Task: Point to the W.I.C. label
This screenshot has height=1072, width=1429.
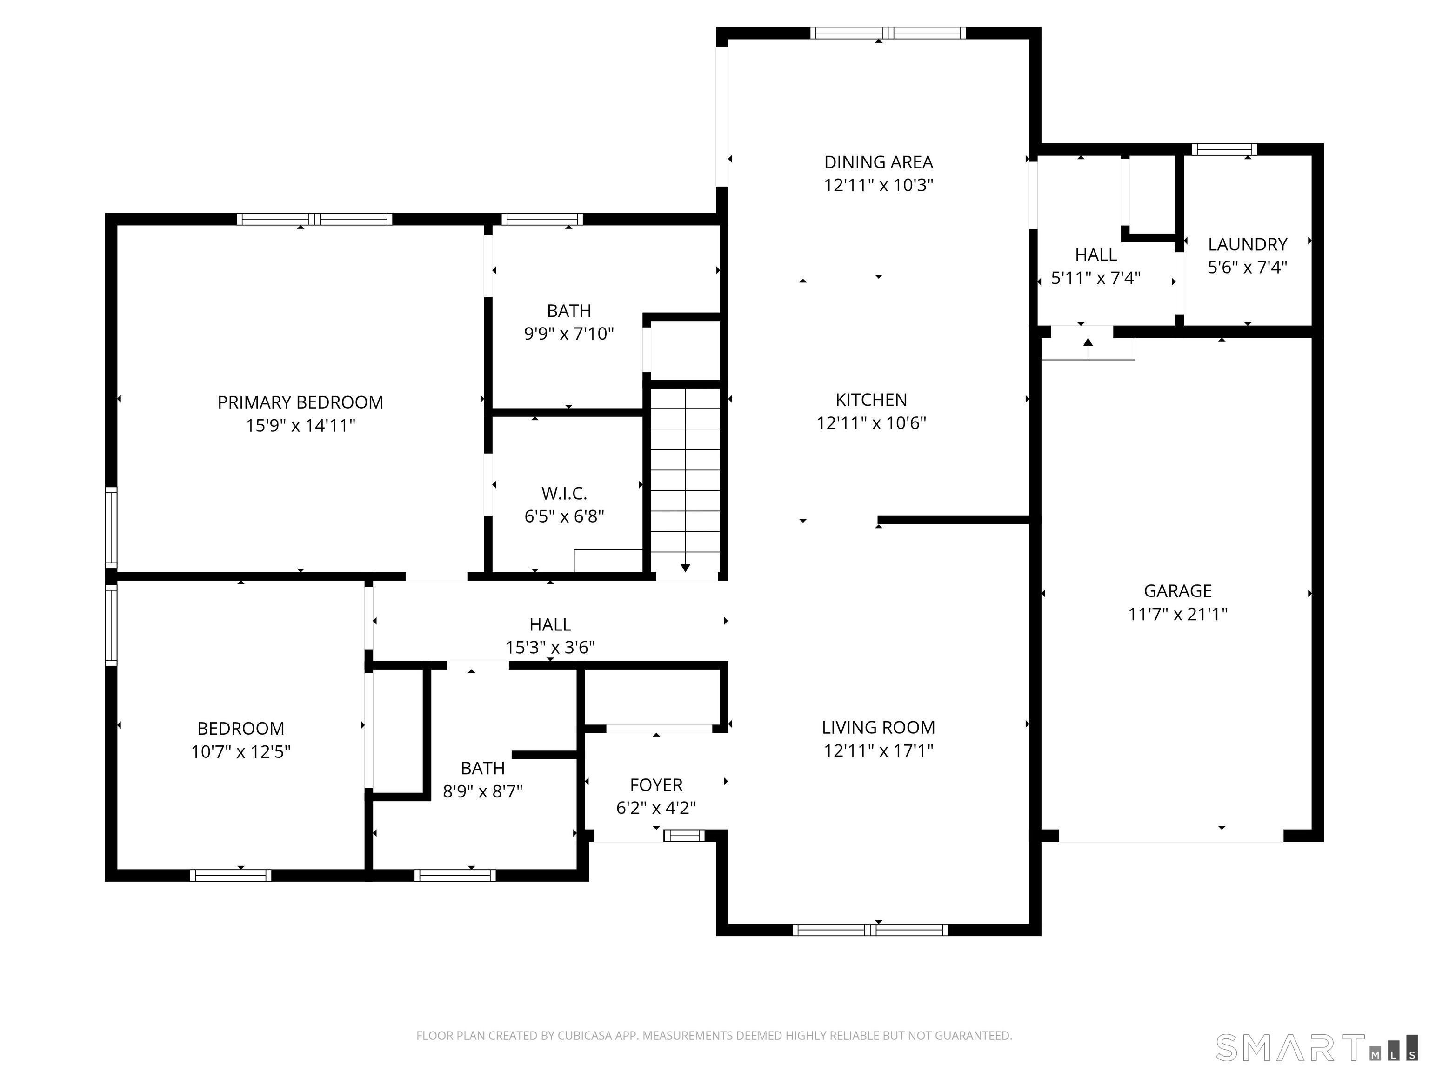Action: pos(564,494)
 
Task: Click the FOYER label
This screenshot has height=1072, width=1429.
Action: pos(656,784)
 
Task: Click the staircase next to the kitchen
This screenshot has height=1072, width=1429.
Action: pos(685,478)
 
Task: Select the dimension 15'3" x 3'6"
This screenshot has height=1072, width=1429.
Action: pos(550,648)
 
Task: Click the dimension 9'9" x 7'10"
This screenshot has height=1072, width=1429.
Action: pos(568,334)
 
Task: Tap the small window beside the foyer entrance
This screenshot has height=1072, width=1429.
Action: pos(684,836)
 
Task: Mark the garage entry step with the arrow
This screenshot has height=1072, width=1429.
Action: pos(1088,348)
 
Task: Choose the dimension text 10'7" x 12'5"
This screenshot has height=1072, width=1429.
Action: pos(240,751)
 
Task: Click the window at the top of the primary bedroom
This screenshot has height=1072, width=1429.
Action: pos(314,219)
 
